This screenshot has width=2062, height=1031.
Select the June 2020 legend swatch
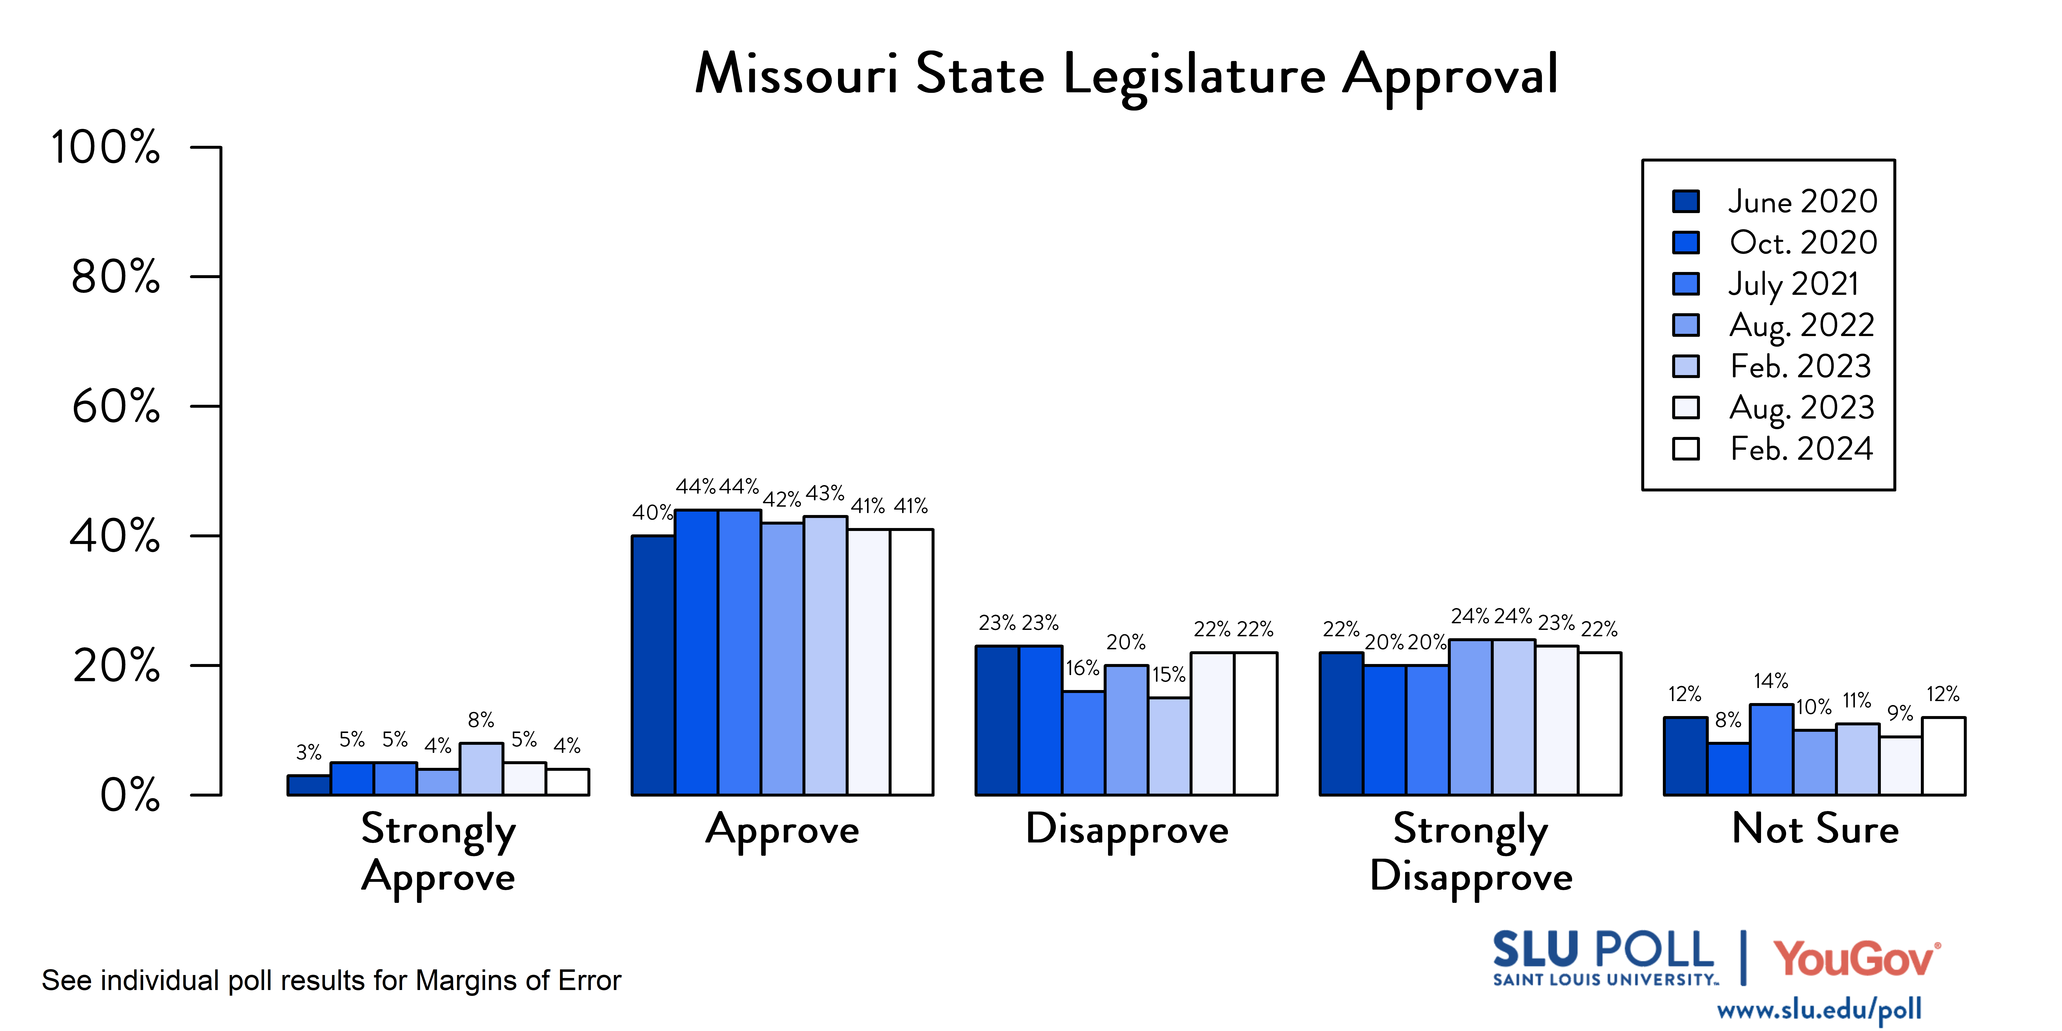tap(1686, 201)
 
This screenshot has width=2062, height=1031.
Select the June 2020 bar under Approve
tap(653, 665)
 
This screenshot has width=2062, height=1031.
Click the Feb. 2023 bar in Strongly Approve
tap(481, 769)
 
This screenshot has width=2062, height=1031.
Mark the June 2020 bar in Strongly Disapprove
tap(1342, 724)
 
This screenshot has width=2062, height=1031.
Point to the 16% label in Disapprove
tap(1082, 668)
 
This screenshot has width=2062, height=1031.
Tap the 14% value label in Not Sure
tap(1771, 681)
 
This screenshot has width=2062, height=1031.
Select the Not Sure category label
tap(1815, 829)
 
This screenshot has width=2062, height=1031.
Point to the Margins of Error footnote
tap(331, 981)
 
